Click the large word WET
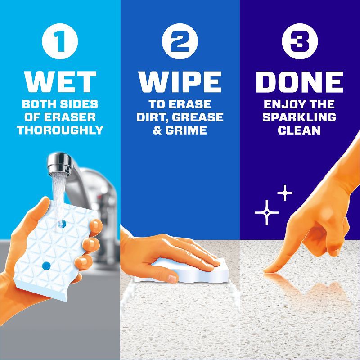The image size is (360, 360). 60,82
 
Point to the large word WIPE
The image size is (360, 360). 180,82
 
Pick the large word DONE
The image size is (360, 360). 299,82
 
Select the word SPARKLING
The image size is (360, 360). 299,117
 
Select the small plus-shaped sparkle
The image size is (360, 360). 284,193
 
